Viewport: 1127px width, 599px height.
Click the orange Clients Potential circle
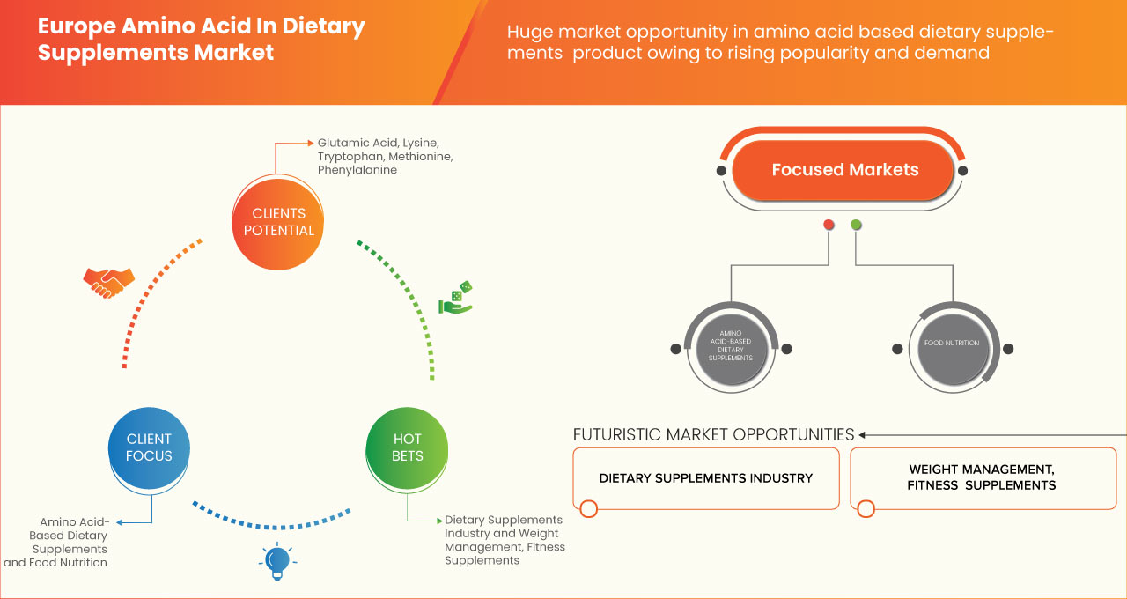tap(278, 222)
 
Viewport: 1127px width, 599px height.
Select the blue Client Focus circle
tap(149, 447)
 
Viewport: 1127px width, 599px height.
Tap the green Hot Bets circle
tap(407, 447)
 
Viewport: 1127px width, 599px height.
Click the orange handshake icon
tap(108, 282)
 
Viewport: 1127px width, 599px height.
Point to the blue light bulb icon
tap(277, 561)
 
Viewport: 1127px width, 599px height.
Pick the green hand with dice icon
tap(456, 298)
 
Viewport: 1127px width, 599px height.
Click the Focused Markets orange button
tap(843, 170)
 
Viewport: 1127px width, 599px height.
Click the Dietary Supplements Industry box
tap(705, 478)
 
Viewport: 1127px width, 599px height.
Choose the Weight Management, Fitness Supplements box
tap(982, 478)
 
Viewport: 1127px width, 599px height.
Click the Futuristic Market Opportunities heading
tap(713, 434)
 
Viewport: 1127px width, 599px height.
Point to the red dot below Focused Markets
tap(829, 225)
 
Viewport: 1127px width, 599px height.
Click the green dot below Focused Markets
tap(857, 225)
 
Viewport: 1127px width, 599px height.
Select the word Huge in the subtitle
tap(531, 33)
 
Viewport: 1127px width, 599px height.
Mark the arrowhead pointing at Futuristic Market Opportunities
tap(863, 434)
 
